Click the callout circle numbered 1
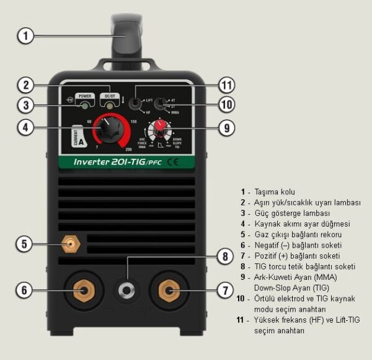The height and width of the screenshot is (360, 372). (x=25, y=35)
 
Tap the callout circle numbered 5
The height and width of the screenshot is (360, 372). (x=25, y=243)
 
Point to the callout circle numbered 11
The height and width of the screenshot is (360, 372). (x=227, y=86)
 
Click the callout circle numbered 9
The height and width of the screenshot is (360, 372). (x=227, y=128)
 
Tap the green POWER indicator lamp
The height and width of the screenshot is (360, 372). (x=84, y=107)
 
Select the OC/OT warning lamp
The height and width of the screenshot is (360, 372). (x=112, y=107)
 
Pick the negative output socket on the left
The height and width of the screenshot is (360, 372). (x=82, y=289)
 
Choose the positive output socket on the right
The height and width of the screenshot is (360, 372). (x=167, y=289)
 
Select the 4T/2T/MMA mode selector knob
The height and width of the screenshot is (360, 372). (x=161, y=104)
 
